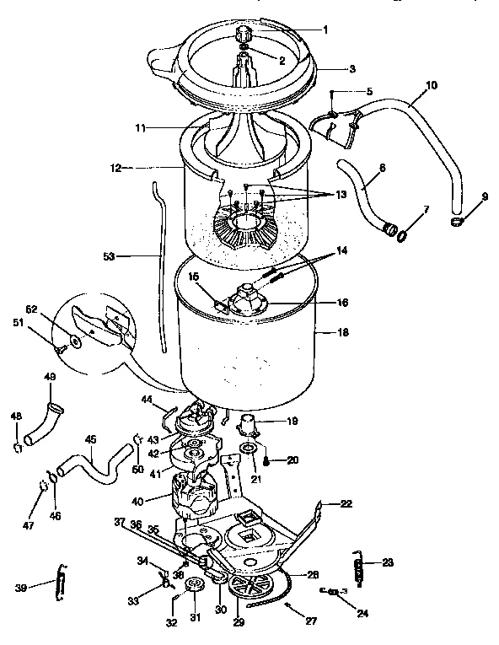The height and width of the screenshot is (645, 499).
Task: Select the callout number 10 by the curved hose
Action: (431, 84)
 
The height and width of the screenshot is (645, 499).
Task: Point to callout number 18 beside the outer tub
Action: (343, 334)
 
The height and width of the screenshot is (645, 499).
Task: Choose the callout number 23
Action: (387, 563)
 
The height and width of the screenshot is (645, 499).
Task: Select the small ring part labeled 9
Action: (458, 222)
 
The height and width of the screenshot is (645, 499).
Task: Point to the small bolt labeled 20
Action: (266, 460)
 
